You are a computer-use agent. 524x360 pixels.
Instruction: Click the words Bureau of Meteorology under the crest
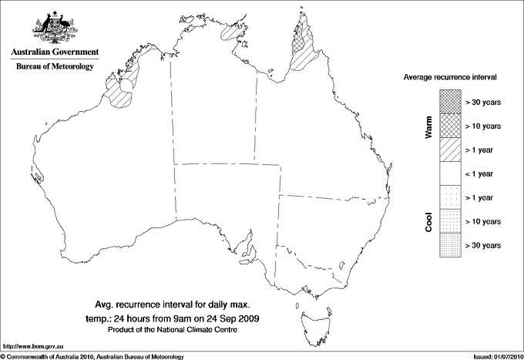click(x=55, y=66)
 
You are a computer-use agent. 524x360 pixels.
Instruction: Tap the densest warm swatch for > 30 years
click(x=449, y=101)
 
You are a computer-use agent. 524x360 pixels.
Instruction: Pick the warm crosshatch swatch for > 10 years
click(x=449, y=125)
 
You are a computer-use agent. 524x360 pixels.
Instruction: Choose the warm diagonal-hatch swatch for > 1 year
click(x=449, y=149)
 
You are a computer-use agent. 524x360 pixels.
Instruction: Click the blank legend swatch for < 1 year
click(x=449, y=173)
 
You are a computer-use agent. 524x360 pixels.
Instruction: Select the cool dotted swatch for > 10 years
click(x=449, y=221)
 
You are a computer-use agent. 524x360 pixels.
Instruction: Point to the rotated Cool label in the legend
click(x=428, y=221)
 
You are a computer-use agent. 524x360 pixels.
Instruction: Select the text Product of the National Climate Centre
click(x=180, y=330)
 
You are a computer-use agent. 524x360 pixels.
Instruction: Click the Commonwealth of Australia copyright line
click(x=92, y=355)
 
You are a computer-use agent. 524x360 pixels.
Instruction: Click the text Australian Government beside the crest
click(x=55, y=52)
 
